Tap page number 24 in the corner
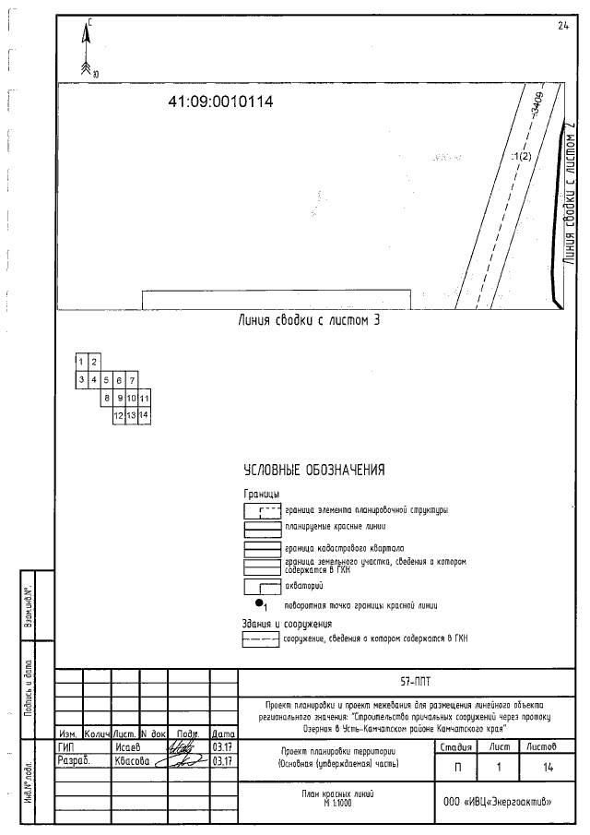click(562, 25)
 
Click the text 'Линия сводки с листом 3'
click(309, 321)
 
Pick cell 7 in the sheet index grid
click(132, 380)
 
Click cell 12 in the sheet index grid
click(119, 416)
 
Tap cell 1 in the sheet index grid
click(82, 361)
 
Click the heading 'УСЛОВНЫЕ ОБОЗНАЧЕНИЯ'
click(313, 471)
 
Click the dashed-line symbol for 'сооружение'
click(261, 638)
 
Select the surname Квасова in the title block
click(129, 761)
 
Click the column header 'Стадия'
click(458, 746)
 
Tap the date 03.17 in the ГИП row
click(222, 746)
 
